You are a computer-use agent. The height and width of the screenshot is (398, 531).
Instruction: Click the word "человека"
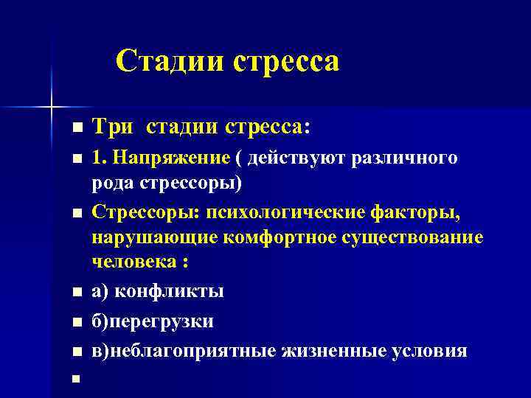134,262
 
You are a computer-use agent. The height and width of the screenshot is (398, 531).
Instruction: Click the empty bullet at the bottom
75,380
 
